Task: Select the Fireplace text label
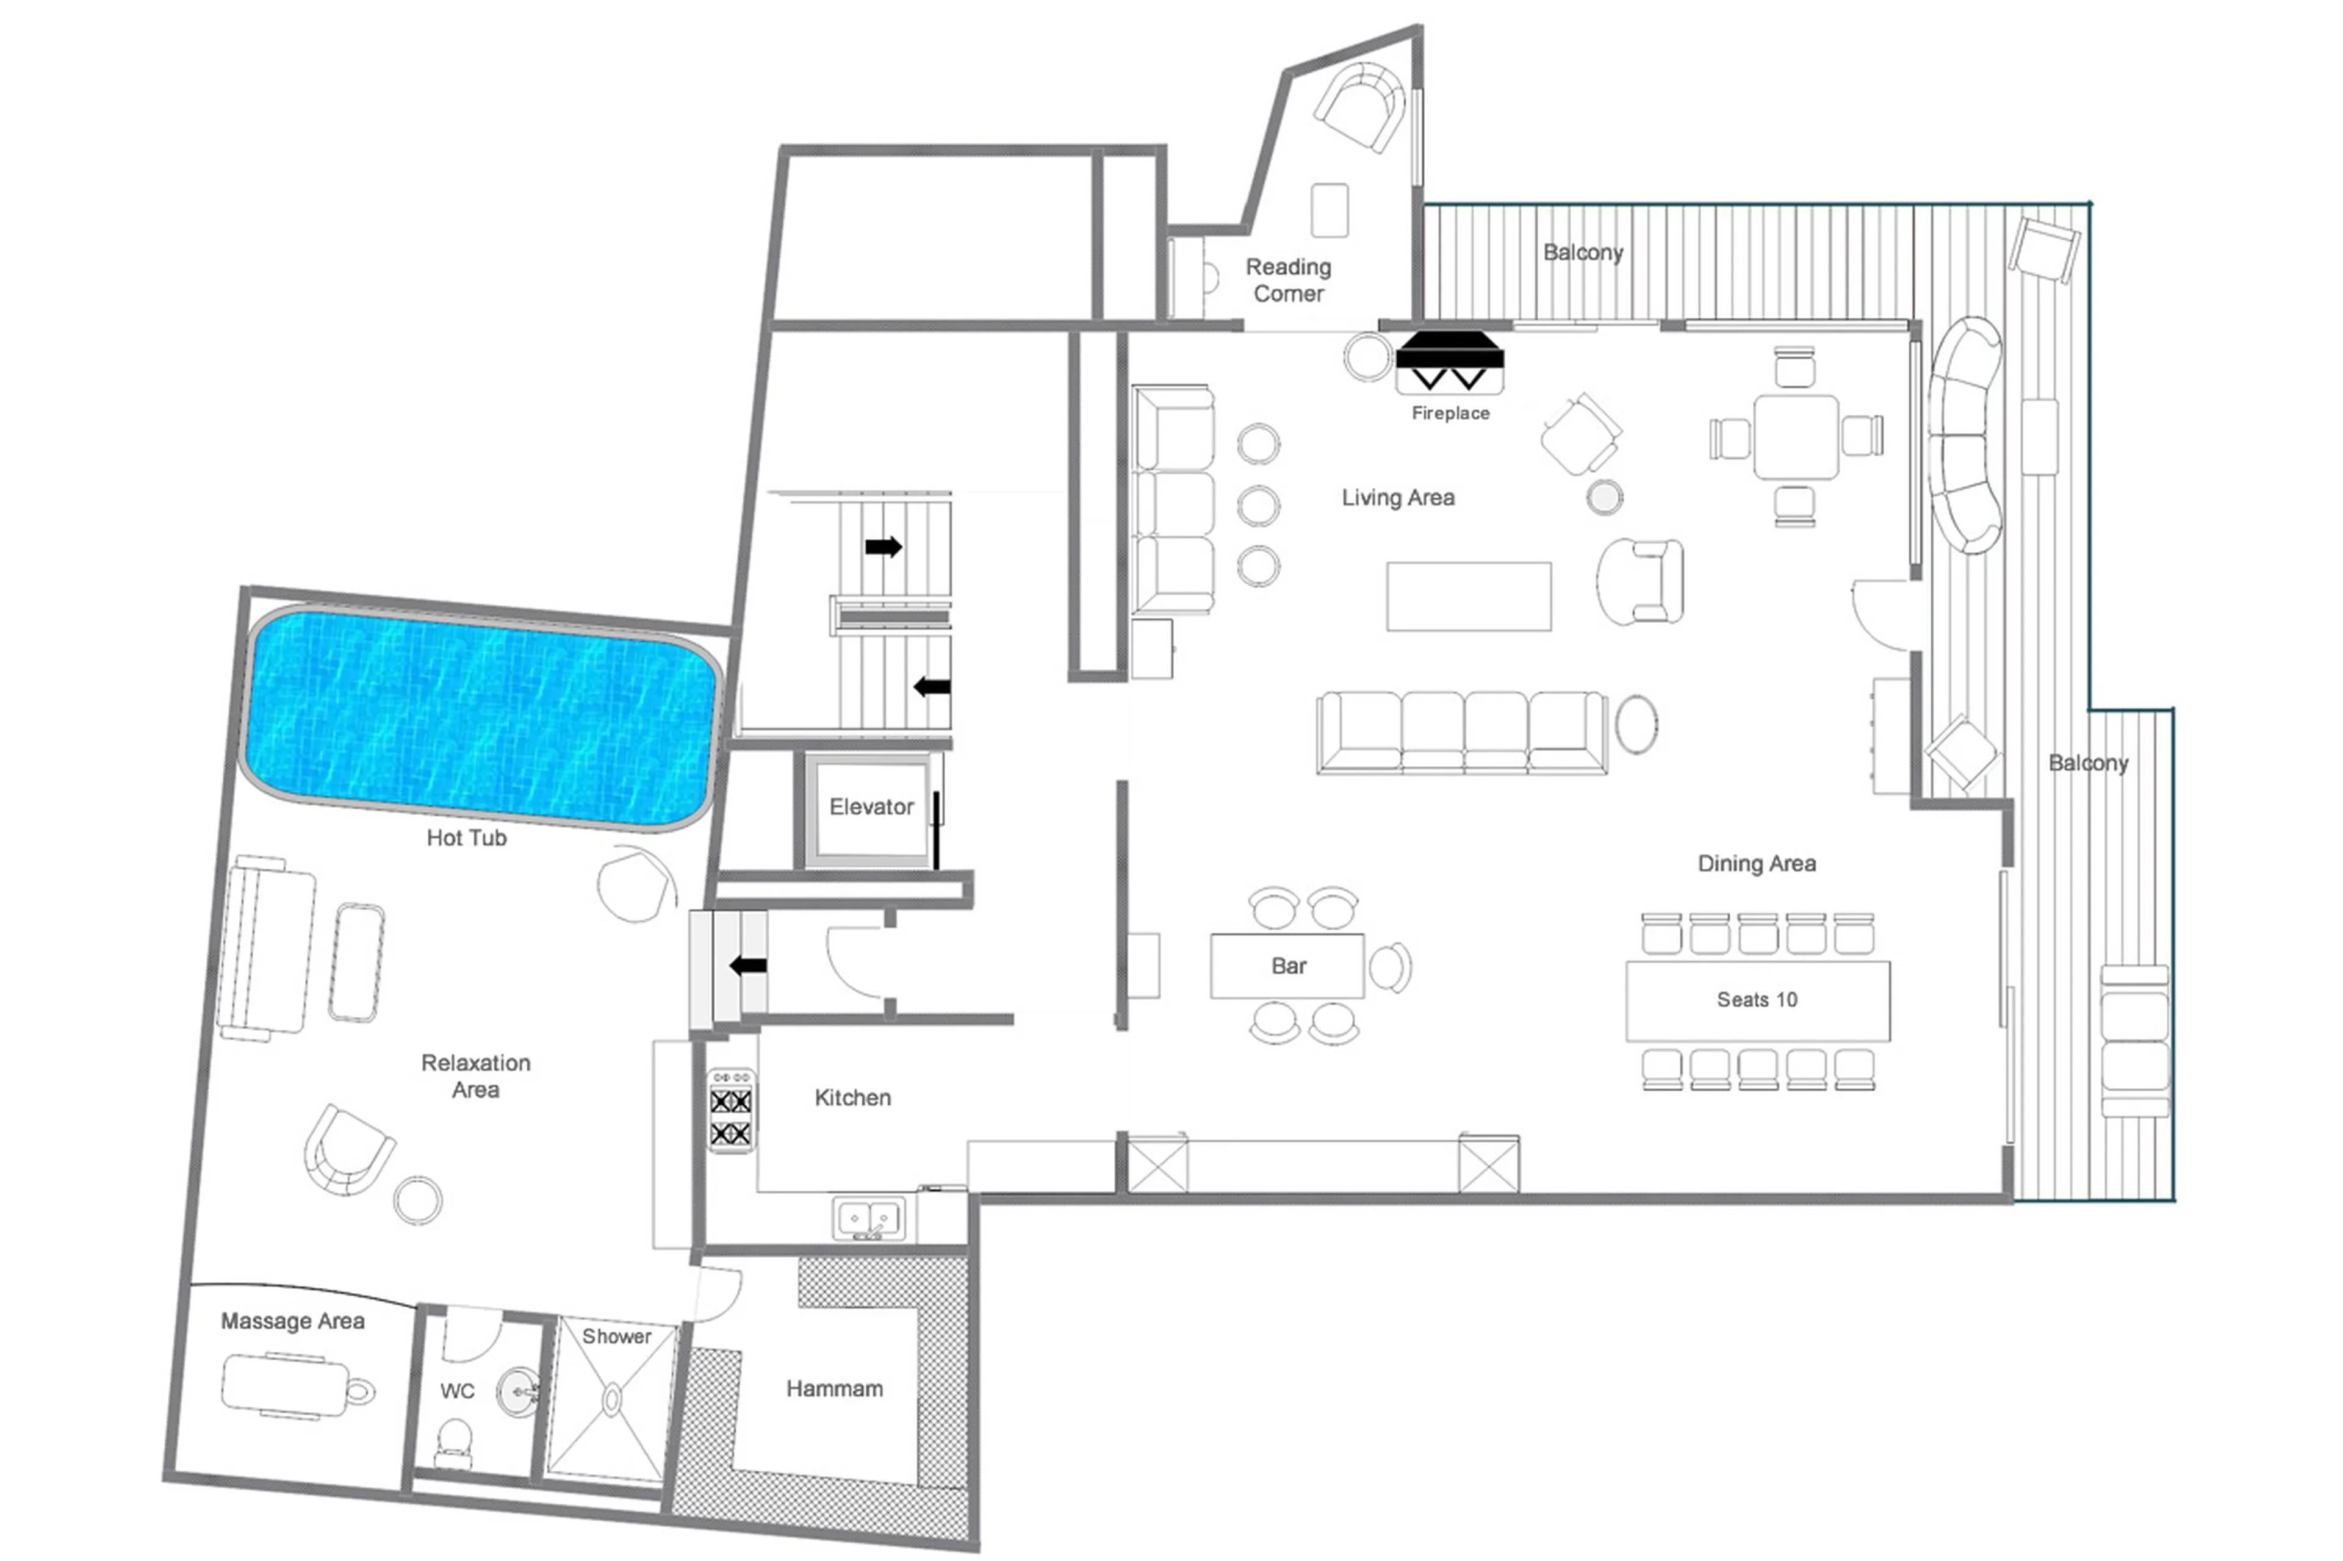click(1450, 413)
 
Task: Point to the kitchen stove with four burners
click(731, 1111)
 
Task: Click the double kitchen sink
click(869, 1218)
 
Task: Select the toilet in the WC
click(455, 1441)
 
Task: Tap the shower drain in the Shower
click(611, 1401)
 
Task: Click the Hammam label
click(835, 1389)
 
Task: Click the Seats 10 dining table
click(1757, 1000)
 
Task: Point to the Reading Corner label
click(1289, 280)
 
